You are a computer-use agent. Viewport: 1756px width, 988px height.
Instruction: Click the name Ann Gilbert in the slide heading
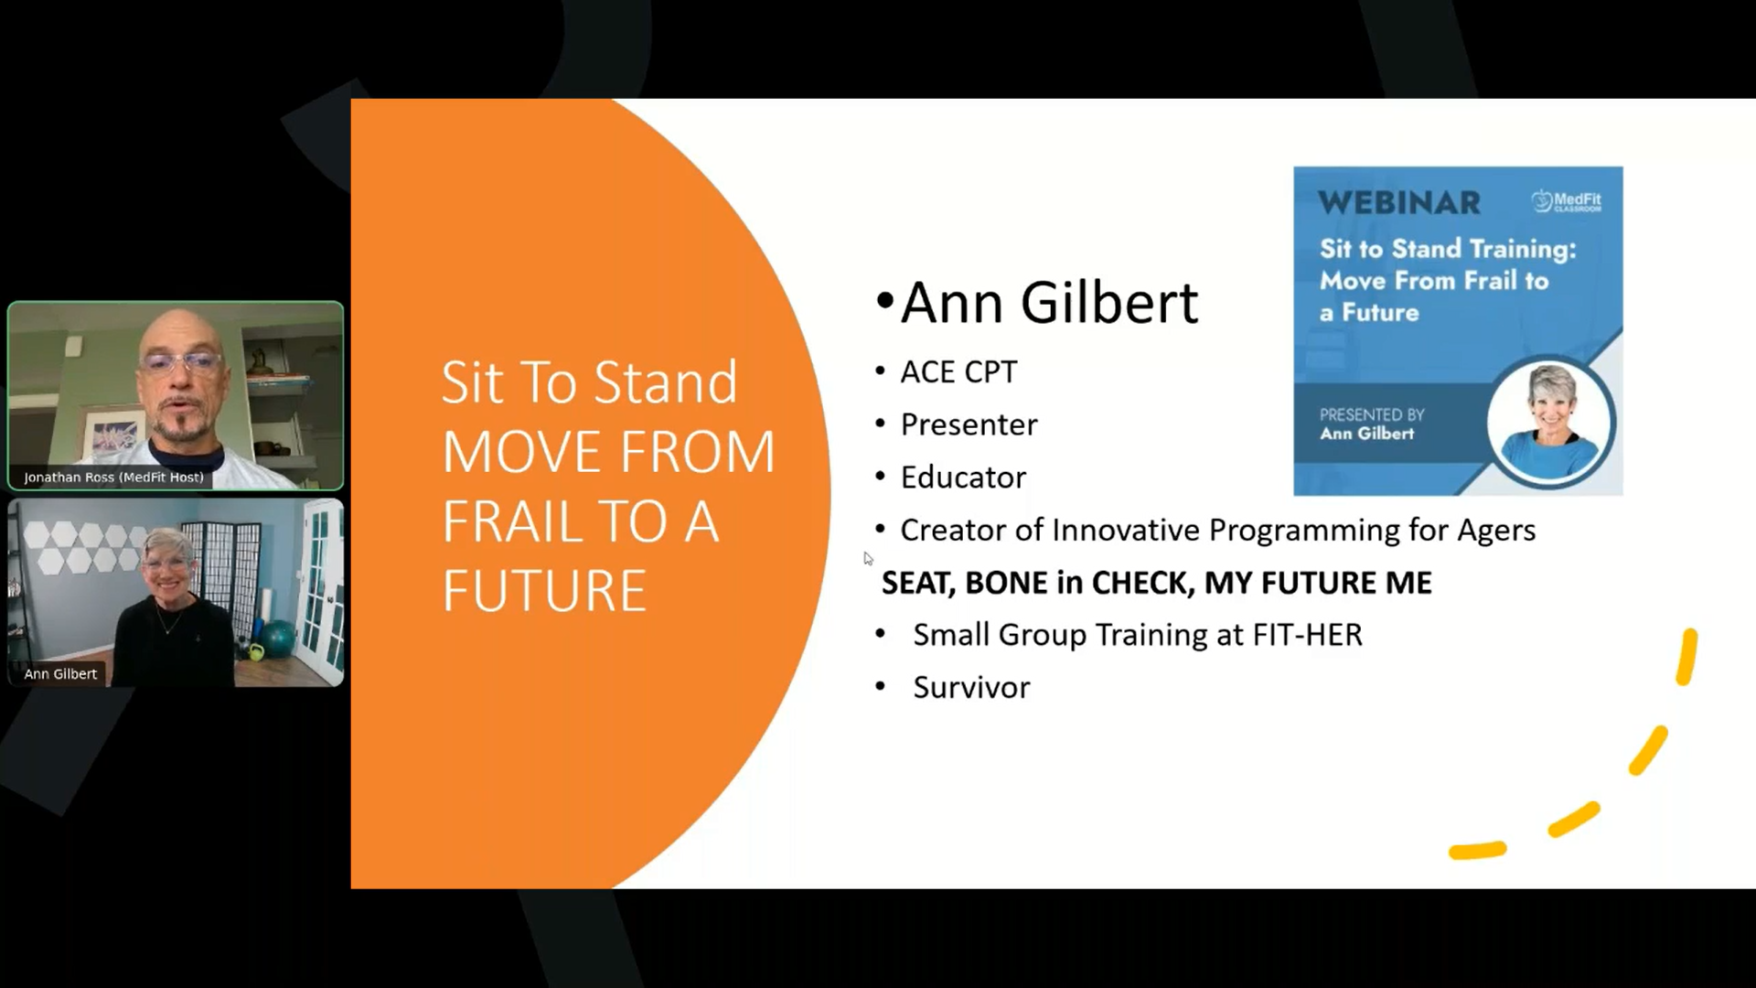click(x=1049, y=303)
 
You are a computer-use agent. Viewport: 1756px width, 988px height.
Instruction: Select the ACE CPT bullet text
click(x=958, y=372)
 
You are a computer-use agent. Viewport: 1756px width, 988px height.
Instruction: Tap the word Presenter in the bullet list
click(x=969, y=424)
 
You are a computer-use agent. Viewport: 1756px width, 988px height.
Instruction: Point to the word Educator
click(x=963, y=478)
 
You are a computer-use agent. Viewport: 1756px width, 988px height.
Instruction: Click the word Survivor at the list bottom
click(x=971, y=688)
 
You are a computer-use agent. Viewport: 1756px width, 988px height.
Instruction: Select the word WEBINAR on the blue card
click(x=1399, y=203)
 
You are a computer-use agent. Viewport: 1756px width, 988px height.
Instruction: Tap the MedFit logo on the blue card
click(x=1567, y=201)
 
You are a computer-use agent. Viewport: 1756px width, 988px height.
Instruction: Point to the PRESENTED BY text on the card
click(x=1372, y=414)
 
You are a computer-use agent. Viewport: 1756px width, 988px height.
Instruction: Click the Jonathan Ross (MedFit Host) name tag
click(x=113, y=478)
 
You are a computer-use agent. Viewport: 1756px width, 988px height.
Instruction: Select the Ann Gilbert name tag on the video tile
click(x=60, y=674)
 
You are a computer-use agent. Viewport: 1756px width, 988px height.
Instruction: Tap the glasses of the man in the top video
click(x=181, y=363)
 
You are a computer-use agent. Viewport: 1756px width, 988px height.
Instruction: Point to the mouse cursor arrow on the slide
click(x=868, y=559)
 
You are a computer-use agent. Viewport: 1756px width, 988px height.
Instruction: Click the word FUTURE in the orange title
click(x=544, y=591)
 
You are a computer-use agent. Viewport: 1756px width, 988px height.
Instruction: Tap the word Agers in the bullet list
click(x=1496, y=531)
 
